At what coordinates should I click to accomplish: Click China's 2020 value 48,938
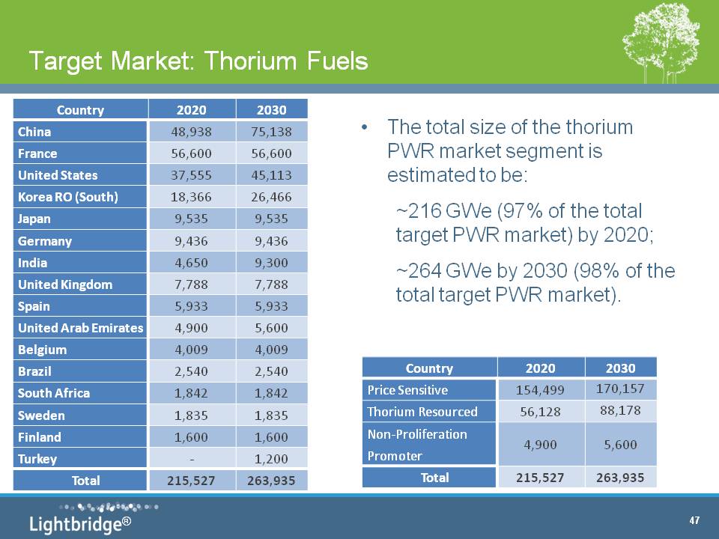click(x=191, y=132)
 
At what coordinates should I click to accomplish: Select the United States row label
click(x=58, y=175)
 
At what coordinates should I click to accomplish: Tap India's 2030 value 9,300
click(x=271, y=263)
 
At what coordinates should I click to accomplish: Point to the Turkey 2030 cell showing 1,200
click(x=271, y=459)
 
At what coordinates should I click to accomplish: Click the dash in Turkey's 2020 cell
click(x=192, y=459)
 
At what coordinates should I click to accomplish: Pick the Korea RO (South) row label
click(x=68, y=197)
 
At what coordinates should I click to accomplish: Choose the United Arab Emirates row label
click(x=81, y=328)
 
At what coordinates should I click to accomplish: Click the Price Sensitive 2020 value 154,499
click(x=540, y=390)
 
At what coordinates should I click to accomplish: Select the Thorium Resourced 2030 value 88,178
click(x=620, y=410)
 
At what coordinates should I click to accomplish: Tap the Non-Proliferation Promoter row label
click(x=417, y=445)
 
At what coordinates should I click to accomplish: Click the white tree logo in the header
click(x=661, y=42)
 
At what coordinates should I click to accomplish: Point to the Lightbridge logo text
click(x=80, y=523)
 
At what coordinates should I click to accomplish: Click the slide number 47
click(x=694, y=520)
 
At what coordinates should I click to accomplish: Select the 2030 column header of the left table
click(x=271, y=110)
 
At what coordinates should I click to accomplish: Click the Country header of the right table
click(x=429, y=368)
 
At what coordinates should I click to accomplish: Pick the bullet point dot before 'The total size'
click(x=364, y=127)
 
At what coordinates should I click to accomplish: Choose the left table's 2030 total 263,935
click(x=271, y=481)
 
